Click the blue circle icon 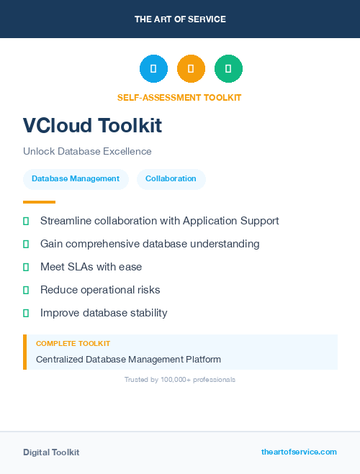153,69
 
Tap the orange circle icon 191,69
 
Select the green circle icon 228,69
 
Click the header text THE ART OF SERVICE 180,19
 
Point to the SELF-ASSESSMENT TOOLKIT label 179,97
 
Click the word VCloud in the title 58,126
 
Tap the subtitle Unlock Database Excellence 87,151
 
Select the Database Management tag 76,178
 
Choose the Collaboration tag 171,178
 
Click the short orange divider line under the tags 39,202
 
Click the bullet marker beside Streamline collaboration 26,221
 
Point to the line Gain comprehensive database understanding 150,244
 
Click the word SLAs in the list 79,267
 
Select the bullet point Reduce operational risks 100,290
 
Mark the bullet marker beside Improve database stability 26,313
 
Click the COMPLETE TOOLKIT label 73,344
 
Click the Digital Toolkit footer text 51,452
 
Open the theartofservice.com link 299,452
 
